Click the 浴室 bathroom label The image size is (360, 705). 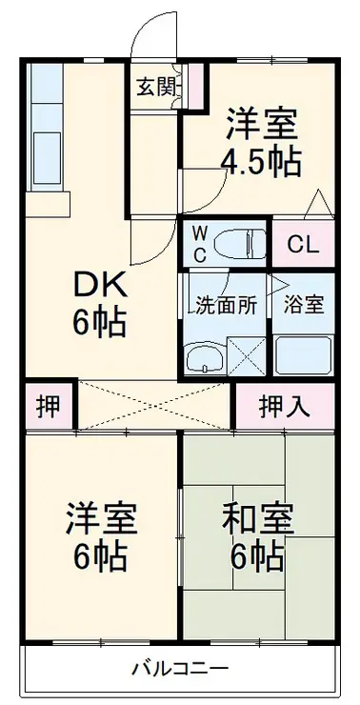[304, 306]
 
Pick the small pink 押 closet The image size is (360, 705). [47, 406]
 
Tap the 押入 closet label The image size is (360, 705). [285, 406]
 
